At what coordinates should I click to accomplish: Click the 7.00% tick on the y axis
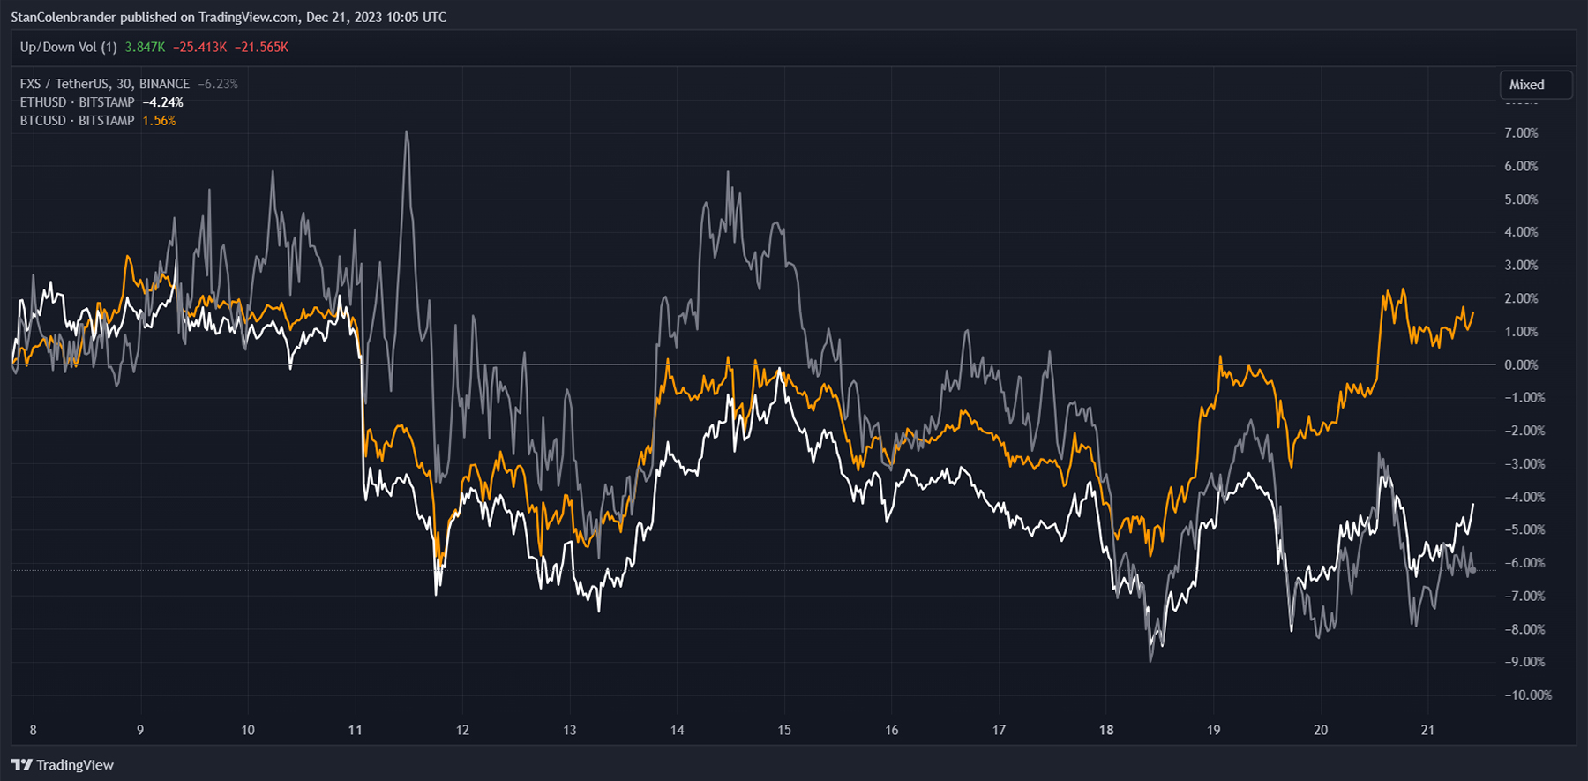tap(1521, 133)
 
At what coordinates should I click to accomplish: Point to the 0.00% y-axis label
tap(1521, 364)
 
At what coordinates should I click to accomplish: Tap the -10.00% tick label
tap(1528, 695)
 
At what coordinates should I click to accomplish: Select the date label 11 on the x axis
tap(355, 730)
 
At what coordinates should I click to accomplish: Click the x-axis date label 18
tap(1106, 730)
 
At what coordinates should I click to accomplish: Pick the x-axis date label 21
tap(1427, 730)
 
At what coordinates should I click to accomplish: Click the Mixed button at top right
tap(1535, 85)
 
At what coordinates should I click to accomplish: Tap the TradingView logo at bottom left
tap(63, 764)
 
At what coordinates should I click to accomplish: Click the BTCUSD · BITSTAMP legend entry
tap(77, 121)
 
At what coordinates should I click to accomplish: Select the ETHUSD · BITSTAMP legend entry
tap(77, 102)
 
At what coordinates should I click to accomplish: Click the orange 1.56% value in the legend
tap(159, 121)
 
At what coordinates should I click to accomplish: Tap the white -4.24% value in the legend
tap(162, 102)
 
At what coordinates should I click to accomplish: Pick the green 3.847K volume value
tap(145, 47)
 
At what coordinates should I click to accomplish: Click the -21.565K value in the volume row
tap(261, 47)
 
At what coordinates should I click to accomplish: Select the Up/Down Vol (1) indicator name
tap(68, 47)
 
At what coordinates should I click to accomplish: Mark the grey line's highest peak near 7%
tap(407, 132)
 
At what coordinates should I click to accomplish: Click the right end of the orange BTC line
tap(1472, 312)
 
